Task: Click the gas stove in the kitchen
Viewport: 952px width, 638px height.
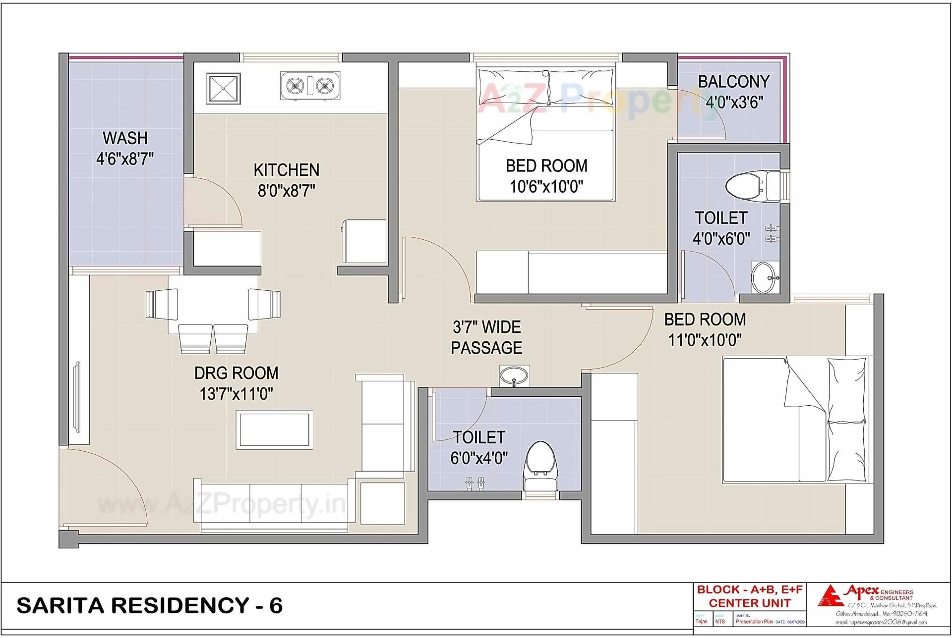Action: point(310,86)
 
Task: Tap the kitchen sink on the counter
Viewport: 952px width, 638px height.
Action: point(223,89)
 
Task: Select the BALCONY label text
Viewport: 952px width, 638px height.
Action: point(734,82)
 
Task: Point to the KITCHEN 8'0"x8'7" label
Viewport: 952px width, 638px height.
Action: point(287,180)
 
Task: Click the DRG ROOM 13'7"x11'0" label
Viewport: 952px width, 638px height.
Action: point(236,383)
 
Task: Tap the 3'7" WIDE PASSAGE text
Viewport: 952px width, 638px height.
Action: point(486,337)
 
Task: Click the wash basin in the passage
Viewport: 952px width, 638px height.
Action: point(514,376)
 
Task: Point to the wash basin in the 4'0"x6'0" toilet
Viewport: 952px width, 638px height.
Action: point(763,277)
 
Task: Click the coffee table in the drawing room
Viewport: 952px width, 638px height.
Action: point(274,429)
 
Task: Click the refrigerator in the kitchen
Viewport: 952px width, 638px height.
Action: point(364,241)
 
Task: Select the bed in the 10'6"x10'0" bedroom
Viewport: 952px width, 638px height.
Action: point(546,135)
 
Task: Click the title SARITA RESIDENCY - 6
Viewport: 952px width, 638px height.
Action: point(150,605)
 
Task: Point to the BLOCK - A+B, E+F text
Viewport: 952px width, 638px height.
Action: point(749,589)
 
